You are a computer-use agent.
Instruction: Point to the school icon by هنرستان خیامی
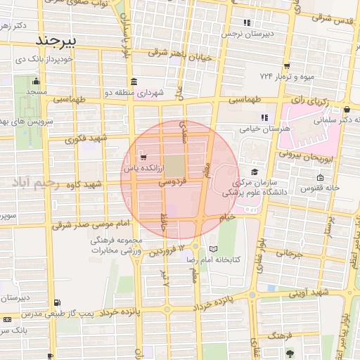tap(264, 117)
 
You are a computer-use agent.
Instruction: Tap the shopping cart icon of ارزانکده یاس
tap(143, 156)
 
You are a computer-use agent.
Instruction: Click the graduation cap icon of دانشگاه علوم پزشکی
tap(253, 172)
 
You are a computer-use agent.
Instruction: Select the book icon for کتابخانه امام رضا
tap(214, 249)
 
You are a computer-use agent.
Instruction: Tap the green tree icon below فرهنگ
tap(290, 350)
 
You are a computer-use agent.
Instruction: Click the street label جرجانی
tap(288, 252)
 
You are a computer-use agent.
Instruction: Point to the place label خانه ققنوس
tap(321, 188)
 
